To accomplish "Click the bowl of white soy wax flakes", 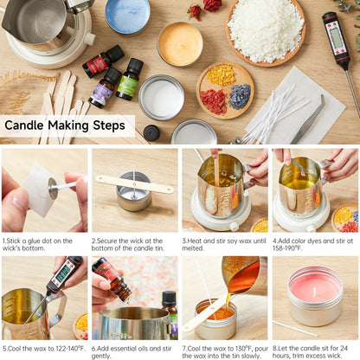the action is click(266, 32).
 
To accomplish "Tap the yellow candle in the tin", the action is click(180, 44).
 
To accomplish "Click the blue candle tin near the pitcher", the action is click(127, 16).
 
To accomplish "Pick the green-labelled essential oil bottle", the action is click(130, 80).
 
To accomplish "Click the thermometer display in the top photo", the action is click(336, 37).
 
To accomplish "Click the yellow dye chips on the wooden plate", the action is click(222, 75).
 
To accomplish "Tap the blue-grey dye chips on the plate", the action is click(240, 97).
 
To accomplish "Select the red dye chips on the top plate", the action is click(214, 101).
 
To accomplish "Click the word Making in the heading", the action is click(68, 125).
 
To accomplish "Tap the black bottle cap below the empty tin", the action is click(151, 133).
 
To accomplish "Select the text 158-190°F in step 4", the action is click(287, 248).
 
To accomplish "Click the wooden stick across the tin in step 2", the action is click(135, 184).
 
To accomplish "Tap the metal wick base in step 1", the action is click(53, 189).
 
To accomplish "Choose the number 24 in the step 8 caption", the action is click(343, 349).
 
